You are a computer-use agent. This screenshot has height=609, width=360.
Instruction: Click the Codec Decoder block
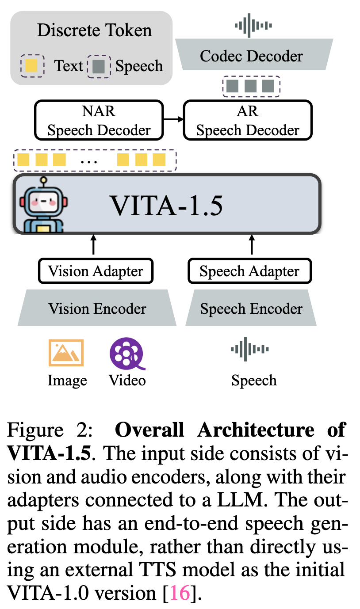click(x=252, y=56)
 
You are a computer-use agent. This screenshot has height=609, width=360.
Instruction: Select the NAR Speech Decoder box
click(x=99, y=120)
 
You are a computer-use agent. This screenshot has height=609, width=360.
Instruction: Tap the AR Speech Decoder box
click(x=248, y=120)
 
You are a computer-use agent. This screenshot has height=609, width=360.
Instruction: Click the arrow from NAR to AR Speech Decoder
click(x=173, y=119)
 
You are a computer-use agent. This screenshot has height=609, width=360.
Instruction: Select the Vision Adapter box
click(x=96, y=271)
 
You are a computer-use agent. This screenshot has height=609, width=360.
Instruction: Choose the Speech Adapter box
click(x=249, y=271)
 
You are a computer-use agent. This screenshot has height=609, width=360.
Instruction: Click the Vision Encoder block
click(x=97, y=308)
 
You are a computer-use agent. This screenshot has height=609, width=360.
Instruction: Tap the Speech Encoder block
click(x=251, y=308)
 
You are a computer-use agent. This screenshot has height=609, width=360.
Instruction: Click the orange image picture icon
click(x=66, y=353)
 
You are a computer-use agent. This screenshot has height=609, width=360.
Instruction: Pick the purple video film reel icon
click(x=127, y=353)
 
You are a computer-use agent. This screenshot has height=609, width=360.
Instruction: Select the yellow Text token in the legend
click(x=32, y=66)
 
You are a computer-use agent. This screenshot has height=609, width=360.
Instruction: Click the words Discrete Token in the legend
click(x=94, y=30)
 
